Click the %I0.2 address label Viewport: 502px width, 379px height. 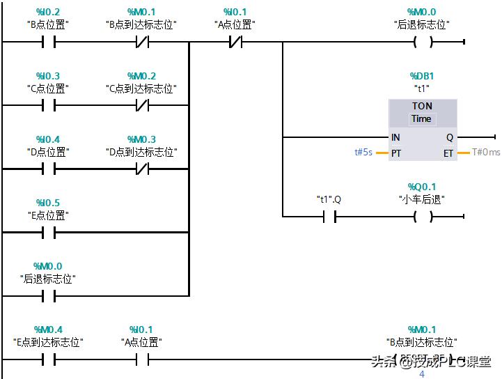point(48,12)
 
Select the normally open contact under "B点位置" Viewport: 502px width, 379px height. point(48,42)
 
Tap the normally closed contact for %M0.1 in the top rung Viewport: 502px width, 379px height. point(141,42)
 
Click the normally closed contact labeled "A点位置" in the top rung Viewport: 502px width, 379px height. point(235,42)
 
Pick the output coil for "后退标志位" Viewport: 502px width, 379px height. point(422,42)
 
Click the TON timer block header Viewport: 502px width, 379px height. point(422,106)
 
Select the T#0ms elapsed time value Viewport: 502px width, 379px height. point(486,153)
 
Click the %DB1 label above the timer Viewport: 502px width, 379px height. point(422,75)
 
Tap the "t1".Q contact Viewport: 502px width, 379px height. point(329,217)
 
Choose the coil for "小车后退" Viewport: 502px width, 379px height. point(422,217)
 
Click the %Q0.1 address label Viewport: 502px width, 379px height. point(422,187)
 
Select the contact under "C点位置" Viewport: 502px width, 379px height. point(48,106)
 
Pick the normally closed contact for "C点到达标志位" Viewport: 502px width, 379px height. point(141,106)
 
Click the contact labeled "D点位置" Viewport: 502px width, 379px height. point(48,169)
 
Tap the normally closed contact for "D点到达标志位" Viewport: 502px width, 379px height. point(141,169)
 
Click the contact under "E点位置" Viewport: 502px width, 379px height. point(48,232)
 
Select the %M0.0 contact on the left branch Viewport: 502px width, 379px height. point(48,296)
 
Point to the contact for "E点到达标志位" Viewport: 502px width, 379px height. point(48,360)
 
